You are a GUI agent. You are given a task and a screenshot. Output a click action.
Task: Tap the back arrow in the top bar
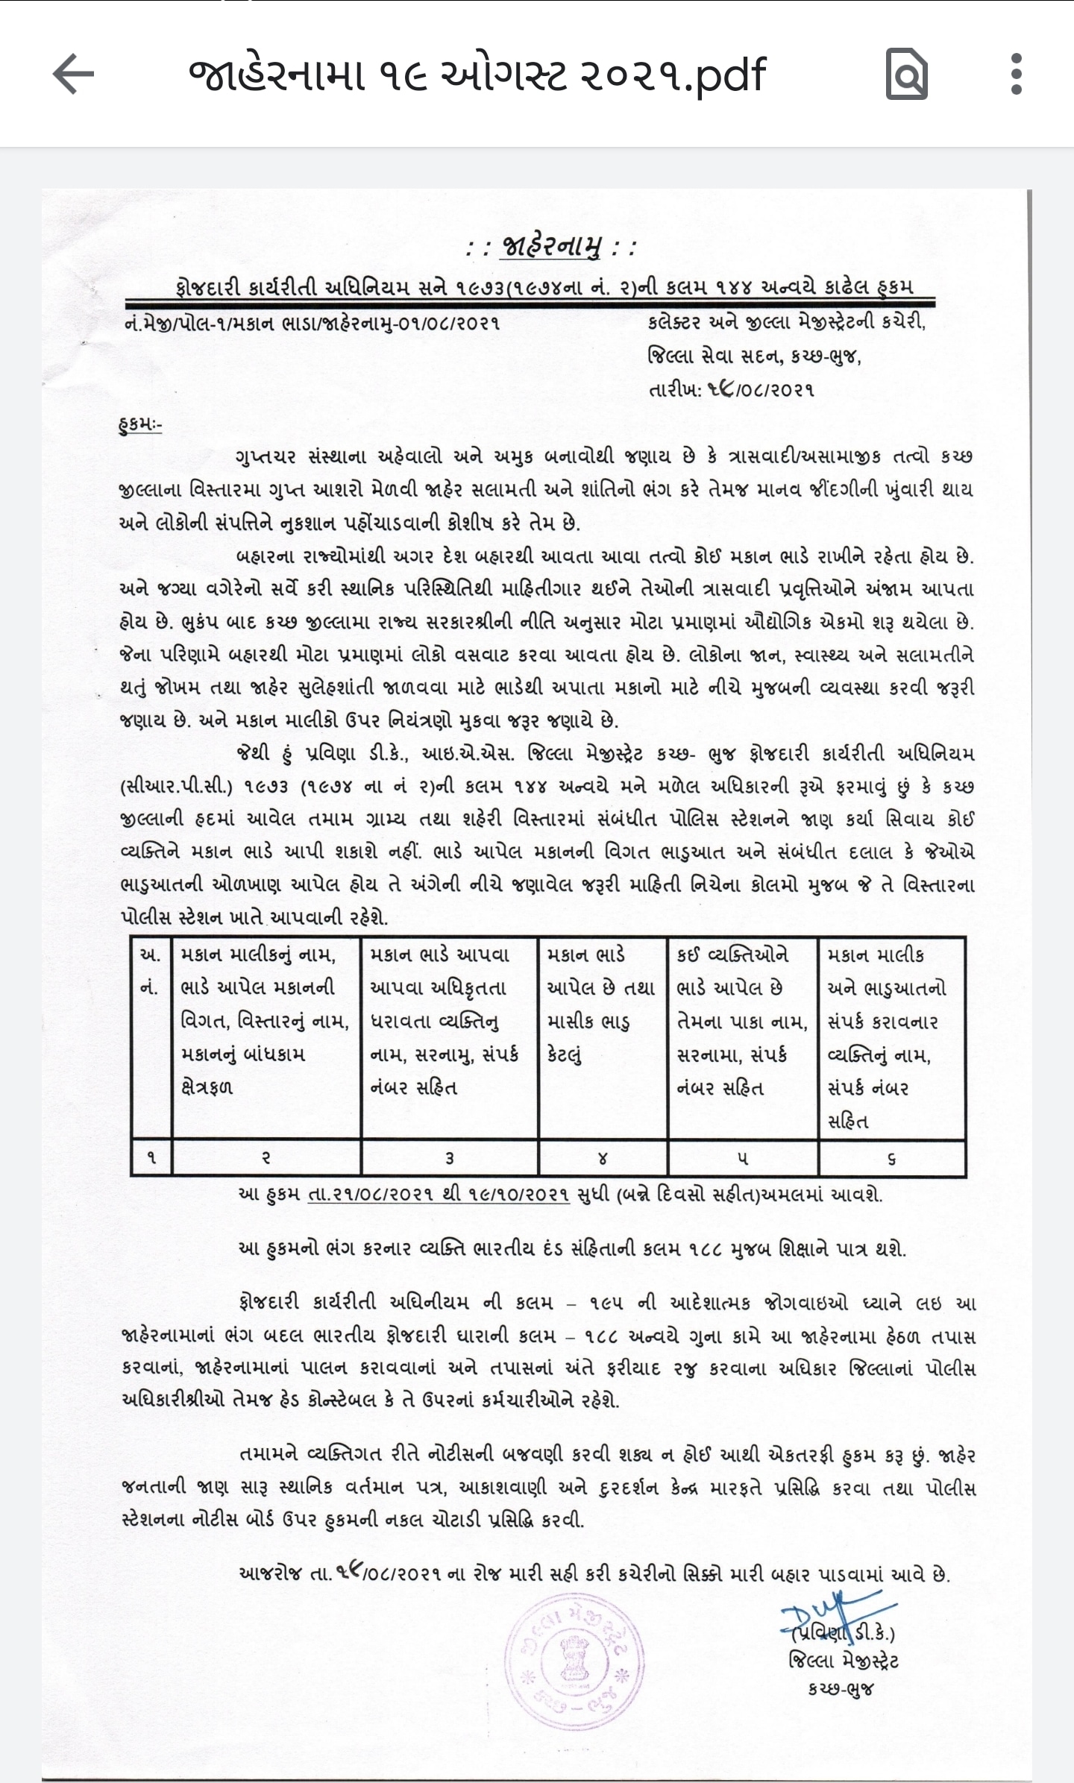pyautogui.click(x=73, y=74)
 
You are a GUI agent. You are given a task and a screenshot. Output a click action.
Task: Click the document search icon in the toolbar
pyautogui.click(x=906, y=74)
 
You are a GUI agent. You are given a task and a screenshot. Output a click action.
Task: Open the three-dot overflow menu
pyautogui.click(x=1016, y=74)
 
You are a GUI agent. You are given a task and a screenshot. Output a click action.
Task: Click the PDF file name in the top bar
pyautogui.click(x=477, y=75)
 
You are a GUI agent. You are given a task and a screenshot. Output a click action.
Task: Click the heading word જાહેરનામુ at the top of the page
pyautogui.click(x=551, y=247)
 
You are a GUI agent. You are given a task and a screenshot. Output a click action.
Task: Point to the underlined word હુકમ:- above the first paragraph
pyautogui.click(x=140, y=425)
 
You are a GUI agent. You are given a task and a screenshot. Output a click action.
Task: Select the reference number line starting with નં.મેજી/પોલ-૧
pyautogui.click(x=313, y=323)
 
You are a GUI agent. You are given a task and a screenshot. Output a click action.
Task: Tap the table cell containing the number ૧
pyautogui.click(x=151, y=1157)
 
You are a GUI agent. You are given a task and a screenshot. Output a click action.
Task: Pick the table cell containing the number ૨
pyautogui.click(x=266, y=1157)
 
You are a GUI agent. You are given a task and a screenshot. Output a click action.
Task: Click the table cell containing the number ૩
pyautogui.click(x=449, y=1157)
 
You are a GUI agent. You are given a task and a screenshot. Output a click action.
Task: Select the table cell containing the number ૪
pyautogui.click(x=603, y=1157)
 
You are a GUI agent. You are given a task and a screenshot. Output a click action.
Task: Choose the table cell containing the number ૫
pyautogui.click(x=743, y=1157)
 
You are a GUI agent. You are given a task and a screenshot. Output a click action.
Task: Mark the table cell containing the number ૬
pyautogui.click(x=892, y=1157)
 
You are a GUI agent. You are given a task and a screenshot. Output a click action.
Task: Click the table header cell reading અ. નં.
pyautogui.click(x=151, y=971)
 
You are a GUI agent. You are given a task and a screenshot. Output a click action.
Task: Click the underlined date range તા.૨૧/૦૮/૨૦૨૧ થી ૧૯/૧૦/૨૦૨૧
pyautogui.click(x=439, y=1195)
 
